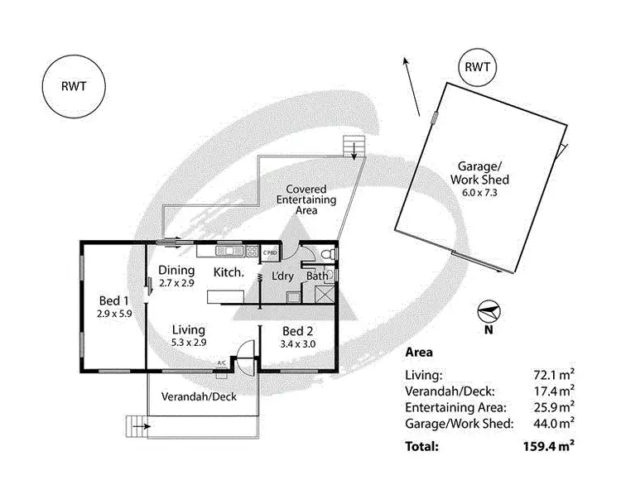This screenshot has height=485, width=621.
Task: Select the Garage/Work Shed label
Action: (x=479, y=172)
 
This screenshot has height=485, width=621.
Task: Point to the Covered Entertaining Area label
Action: (x=306, y=199)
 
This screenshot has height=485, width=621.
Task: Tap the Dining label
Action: (x=176, y=271)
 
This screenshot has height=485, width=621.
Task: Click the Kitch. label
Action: (x=229, y=271)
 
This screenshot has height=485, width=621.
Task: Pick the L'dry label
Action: (x=285, y=276)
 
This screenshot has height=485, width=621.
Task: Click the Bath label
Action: (x=317, y=276)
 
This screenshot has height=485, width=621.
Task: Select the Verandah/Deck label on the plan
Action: (x=199, y=396)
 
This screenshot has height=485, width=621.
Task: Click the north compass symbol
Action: (x=489, y=313)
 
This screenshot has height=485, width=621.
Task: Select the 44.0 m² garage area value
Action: (x=554, y=424)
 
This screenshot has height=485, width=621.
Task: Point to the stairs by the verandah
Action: (x=134, y=426)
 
